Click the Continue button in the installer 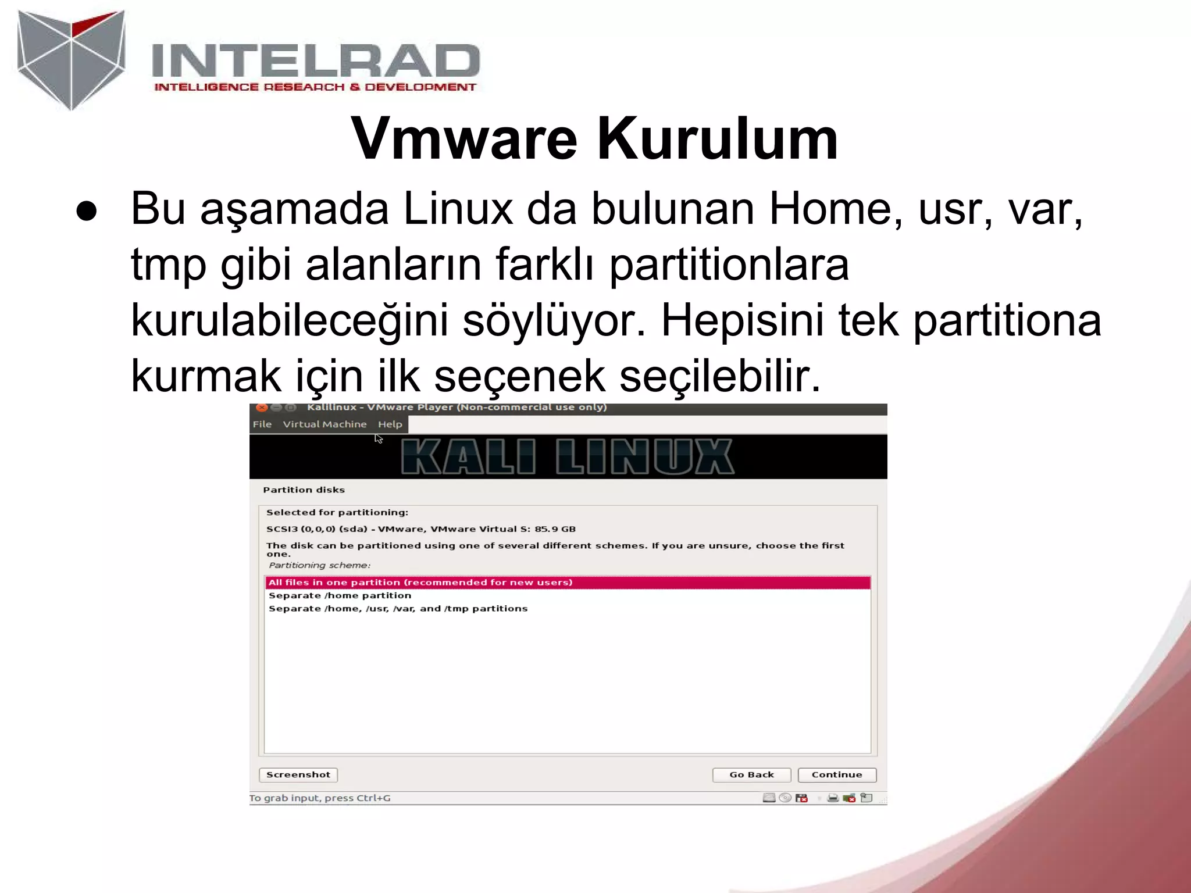pyautogui.click(x=836, y=774)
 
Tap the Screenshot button pyautogui.click(x=298, y=774)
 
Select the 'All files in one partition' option pyautogui.click(x=420, y=582)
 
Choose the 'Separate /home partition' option pyautogui.click(x=340, y=595)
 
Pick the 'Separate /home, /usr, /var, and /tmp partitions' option pyautogui.click(x=398, y=609)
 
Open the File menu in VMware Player pyautogui.click(x=262, y=424)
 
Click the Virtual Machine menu pyautogui.click(x=325, y=424)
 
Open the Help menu pyautogui.click(x=390, y=424)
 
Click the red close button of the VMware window pyautogui.click(x=262, y=408)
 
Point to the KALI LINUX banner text pyautogui.click(x=567, y=457)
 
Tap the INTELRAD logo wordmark pyautogui.click(x=315, y=61)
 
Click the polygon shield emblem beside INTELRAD pyautogui.click(x=71, y=59)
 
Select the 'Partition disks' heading pyautogui.click(x=304, y=490)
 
